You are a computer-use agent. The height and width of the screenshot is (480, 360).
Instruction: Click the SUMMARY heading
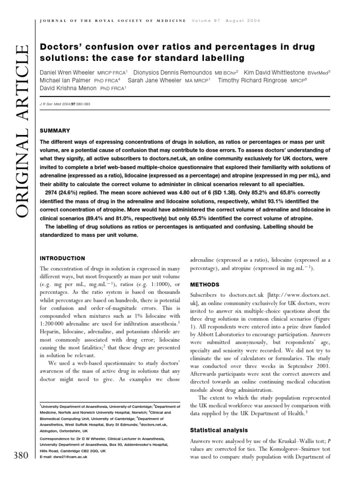55,130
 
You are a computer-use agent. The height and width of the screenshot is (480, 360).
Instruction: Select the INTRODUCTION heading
63,258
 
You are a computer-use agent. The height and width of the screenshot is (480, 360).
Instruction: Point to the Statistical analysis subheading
219,430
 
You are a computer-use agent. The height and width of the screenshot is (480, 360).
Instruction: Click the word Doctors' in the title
59,47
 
